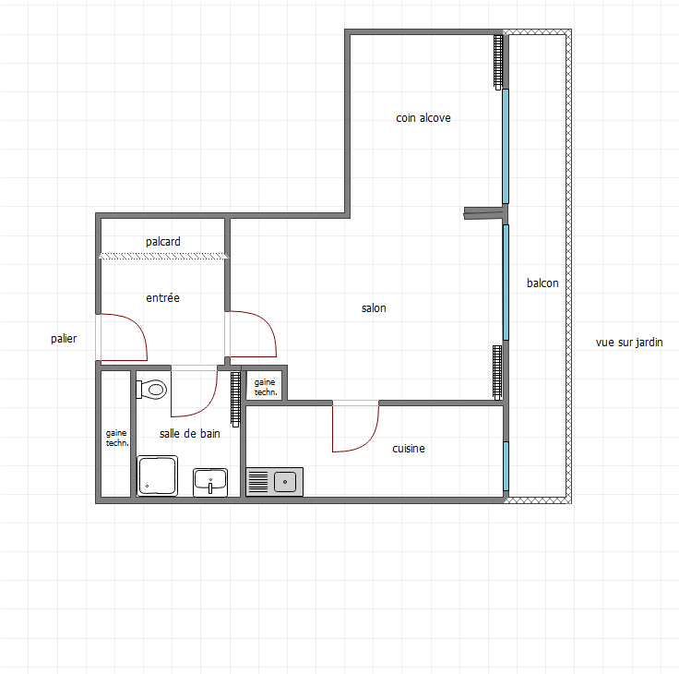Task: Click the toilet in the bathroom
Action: [151, 390]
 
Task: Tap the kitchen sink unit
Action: [275, 482]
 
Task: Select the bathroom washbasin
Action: [210, 482]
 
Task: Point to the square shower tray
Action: [157, 475]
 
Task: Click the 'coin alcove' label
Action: [423, 118]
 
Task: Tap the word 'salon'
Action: [374, 308]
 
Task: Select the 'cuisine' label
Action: [409, 448]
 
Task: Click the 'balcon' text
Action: [542, 283]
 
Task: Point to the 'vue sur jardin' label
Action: [629, 343]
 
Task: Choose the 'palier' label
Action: [64, 339]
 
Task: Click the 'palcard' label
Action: [162, 241]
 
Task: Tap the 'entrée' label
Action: [162, 298]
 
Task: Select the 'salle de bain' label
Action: [190, 433]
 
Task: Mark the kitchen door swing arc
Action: [369, 439]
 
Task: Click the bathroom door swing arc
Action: [208, 404]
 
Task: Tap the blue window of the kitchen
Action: [506, 466]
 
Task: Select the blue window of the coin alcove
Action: [506, 146]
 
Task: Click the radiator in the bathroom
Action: [235, 399]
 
